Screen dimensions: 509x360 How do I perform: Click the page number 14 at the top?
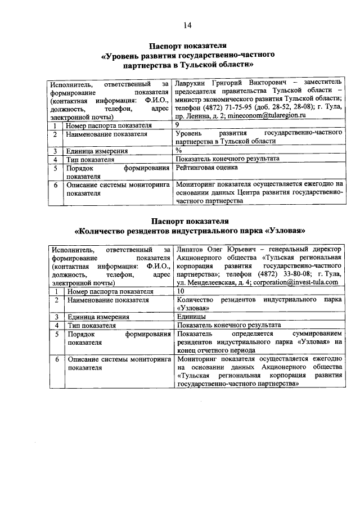pyautogui.click(x=187, y=25)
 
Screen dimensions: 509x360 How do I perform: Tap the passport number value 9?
pyautogui.click(x=178, y=124)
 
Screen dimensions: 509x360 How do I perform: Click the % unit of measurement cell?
pyautogui.click(x=179, y=151)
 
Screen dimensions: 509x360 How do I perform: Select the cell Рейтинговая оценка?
pyautogui.click(x=206, y=168)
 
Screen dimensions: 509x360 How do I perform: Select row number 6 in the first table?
pyautogui.click(x=56, y=184)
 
